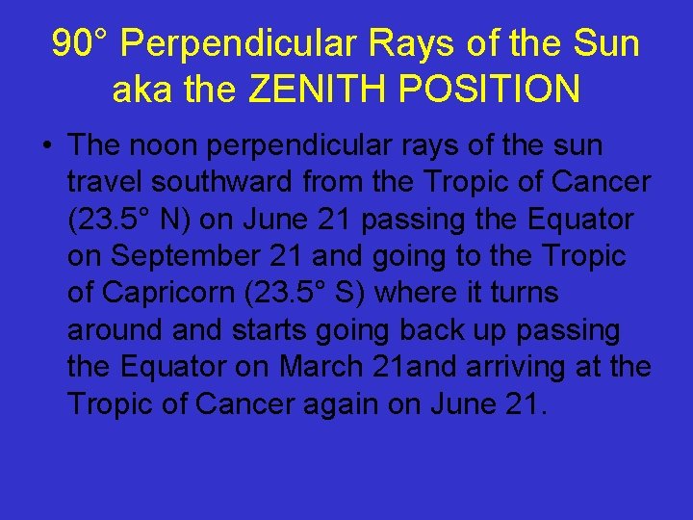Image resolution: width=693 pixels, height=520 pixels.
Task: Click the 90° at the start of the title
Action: pyautogui.click(x=81, y=43)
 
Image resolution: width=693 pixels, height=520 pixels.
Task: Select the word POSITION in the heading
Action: pyautogui.click(x=488, y=90)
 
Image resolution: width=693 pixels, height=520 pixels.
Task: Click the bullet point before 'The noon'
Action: pyautogui.click(x=46, y=147)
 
